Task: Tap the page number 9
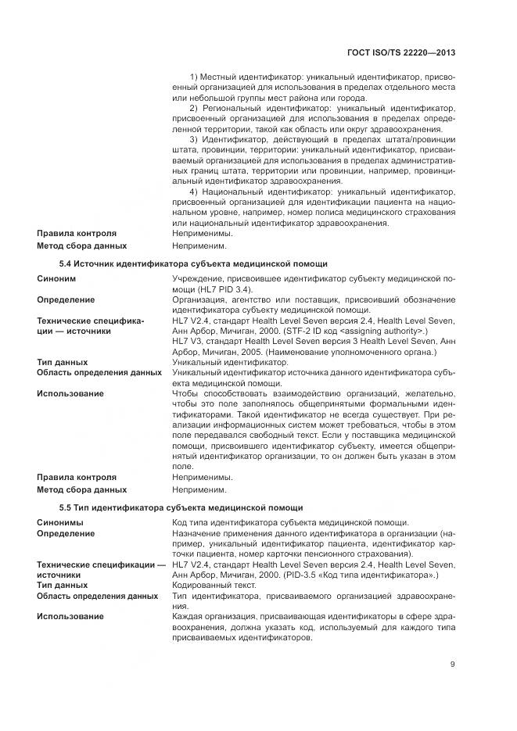(x=452, y=665)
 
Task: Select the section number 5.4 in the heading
(x=66, y=263)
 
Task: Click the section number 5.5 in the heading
(x=66, y=507)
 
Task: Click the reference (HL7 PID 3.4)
(x=206, y=289)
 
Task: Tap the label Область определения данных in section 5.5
(x=97, y=596)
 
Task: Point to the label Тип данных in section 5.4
(x=62, y=363)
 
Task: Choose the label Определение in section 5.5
(x=66, y=533)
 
